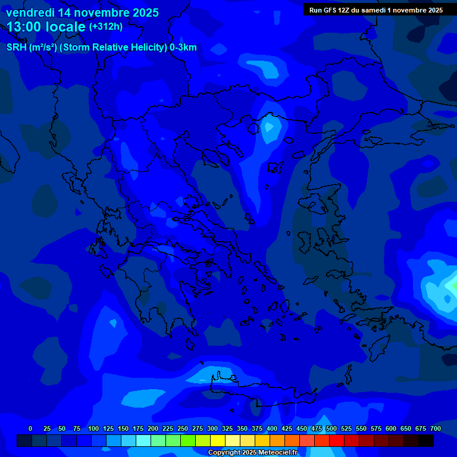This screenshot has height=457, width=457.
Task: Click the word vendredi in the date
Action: click(x=30, y=12)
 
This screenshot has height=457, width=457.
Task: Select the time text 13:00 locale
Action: click(x=46, y=26)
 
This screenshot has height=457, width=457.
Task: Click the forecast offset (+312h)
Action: click(x=106, y=27)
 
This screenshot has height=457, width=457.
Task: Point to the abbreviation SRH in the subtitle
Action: click(x=16, y=48)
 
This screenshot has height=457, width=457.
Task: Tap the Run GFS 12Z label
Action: click(x=331, y=10)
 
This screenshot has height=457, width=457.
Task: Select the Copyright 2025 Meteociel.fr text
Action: click(x=252, y=453)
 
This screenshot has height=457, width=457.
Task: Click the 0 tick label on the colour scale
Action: click(x=30, y=428)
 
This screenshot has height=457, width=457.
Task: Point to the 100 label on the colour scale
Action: click(x=93, y=428)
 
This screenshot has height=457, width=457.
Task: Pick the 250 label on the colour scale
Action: click(x=183, y=428)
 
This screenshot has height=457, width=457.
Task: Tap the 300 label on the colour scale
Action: click(x=212, y=428)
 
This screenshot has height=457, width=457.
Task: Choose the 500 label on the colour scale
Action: click(x=331, y=428)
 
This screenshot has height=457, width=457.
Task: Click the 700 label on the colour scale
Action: click(x=436, y=428)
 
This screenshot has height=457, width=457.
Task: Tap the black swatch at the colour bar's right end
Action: click(x=426, y=441)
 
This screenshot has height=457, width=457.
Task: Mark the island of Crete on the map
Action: click(x=262, y=390)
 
